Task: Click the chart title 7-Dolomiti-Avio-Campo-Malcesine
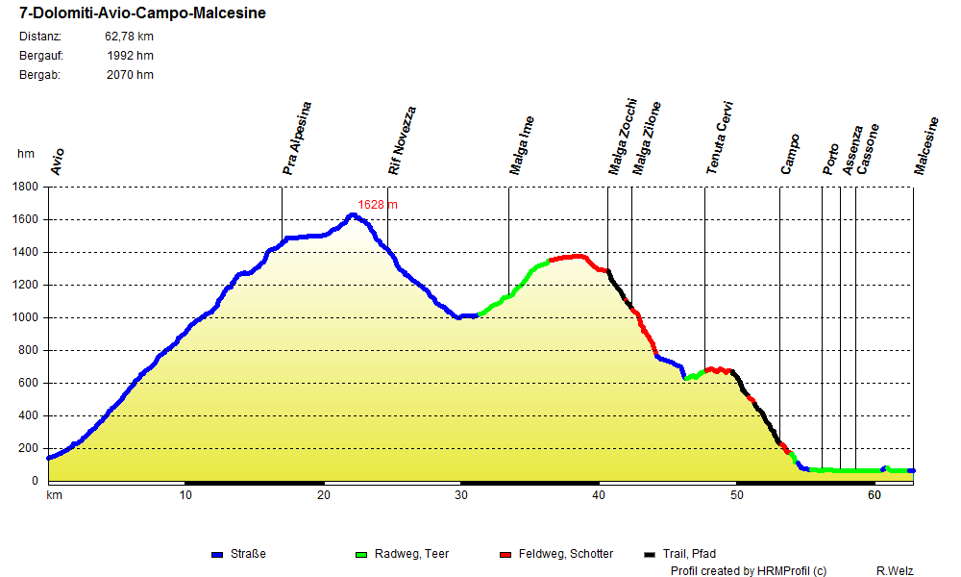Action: pyautogui.click(x=143, y=14)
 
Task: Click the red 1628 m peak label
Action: pyautogui.click(x=378, y=205)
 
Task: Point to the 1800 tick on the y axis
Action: pyautogui.click(x=26, y=187)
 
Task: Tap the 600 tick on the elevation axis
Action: pyautogui.click(x=30, y=383)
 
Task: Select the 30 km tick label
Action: pyautogui.click(x=461, y=495)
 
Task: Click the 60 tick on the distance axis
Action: pyautogui.click(x=874, y=495)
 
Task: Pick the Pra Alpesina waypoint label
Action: pyautogui.click(x=297, y=138)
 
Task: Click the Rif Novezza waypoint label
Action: pyautogui.click(x=402, y=140)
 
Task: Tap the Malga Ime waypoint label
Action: pyautogui.click(x=522, y=146)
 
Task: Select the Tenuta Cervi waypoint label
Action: pyautogui.click(x=720, y=138)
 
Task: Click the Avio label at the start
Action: pyautogui.click(x=57, y=162)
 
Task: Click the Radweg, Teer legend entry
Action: pyautogui.click(x=410, y=554)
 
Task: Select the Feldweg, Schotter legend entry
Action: pyautogui.click(x=565, y=554)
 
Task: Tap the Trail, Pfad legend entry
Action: pyautogui.click(x=686, y=554)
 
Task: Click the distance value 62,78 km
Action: pyautogui.click(x=129, y=37)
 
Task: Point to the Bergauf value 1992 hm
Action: pyautogui.click(x=131, y=56)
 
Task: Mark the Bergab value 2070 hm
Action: pyautogui.click(x=130, y=75)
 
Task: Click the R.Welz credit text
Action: pyautogui.click(x=896, y=570)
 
